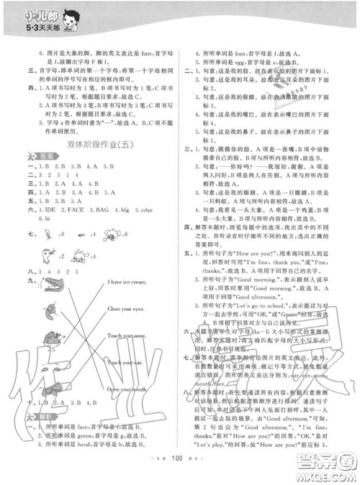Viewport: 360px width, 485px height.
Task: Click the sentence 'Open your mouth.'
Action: tap(127, 389)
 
